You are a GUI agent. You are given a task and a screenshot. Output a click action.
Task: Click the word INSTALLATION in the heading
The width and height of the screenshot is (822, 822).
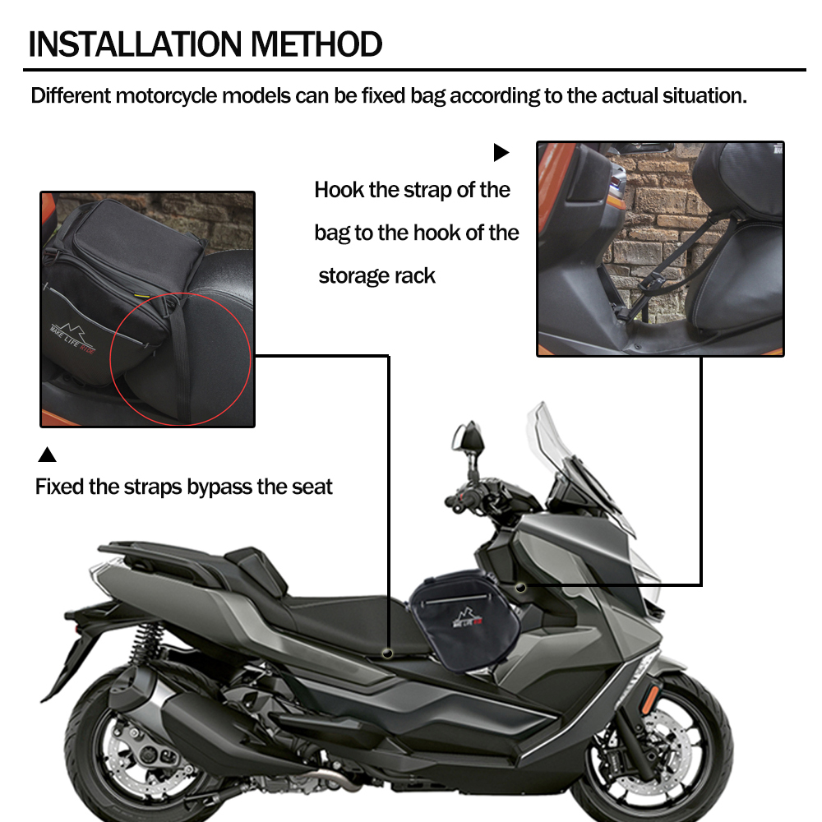(x=136, y=44)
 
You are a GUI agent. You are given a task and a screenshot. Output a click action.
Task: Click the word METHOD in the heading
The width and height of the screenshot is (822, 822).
(x=316, y=44)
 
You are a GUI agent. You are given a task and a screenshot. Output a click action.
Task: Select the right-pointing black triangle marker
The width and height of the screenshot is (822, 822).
(x=501, y=153)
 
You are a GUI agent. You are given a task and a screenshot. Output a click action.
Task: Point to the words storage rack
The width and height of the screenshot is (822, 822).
(x=377, y=275)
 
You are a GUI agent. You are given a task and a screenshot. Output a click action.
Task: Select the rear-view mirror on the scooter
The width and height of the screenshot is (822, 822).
(x=469, y=439)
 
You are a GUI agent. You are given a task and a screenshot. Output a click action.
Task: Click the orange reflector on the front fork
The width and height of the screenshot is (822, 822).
(x=650, y=700)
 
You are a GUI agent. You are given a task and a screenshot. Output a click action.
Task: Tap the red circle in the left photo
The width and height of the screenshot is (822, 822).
(x=110, y=359)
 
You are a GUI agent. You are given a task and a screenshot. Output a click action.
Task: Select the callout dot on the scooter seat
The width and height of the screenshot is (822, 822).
(x=388, y=653)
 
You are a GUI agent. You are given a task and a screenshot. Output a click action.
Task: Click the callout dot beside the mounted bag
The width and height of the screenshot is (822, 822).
(x=520, y=588)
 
